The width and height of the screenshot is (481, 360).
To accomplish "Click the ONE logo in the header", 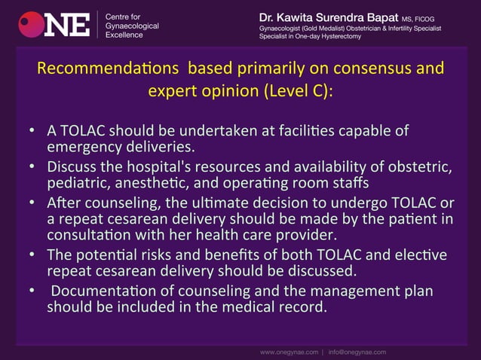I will (x=54, y=24).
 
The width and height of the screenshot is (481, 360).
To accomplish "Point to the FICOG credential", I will (x=434, y=17).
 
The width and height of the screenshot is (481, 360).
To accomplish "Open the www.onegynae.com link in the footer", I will (x=290, y=351).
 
